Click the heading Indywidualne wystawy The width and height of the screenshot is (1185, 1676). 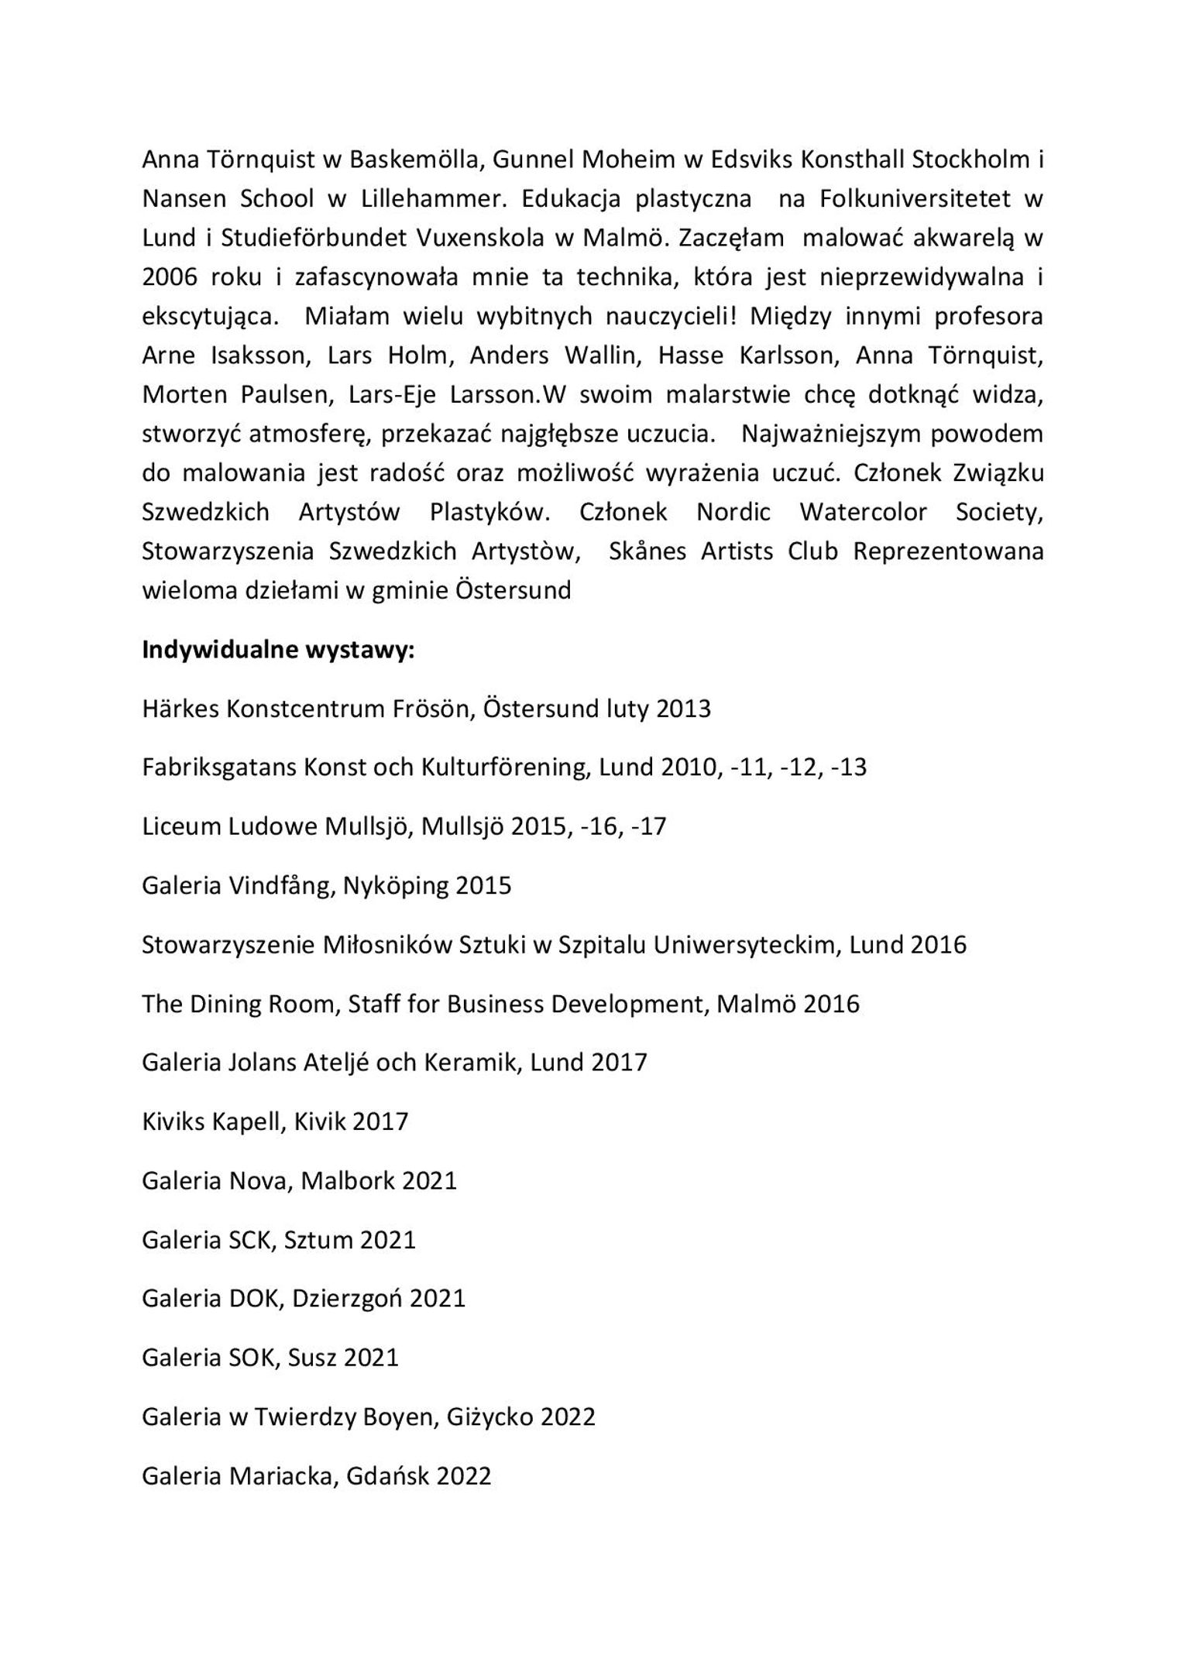(x=278, y=649)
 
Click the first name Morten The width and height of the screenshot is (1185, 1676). (x=183, y=394)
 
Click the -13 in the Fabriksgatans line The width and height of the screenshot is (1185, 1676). (x=847, y=768)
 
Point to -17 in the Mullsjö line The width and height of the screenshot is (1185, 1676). (x=647, y=826)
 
